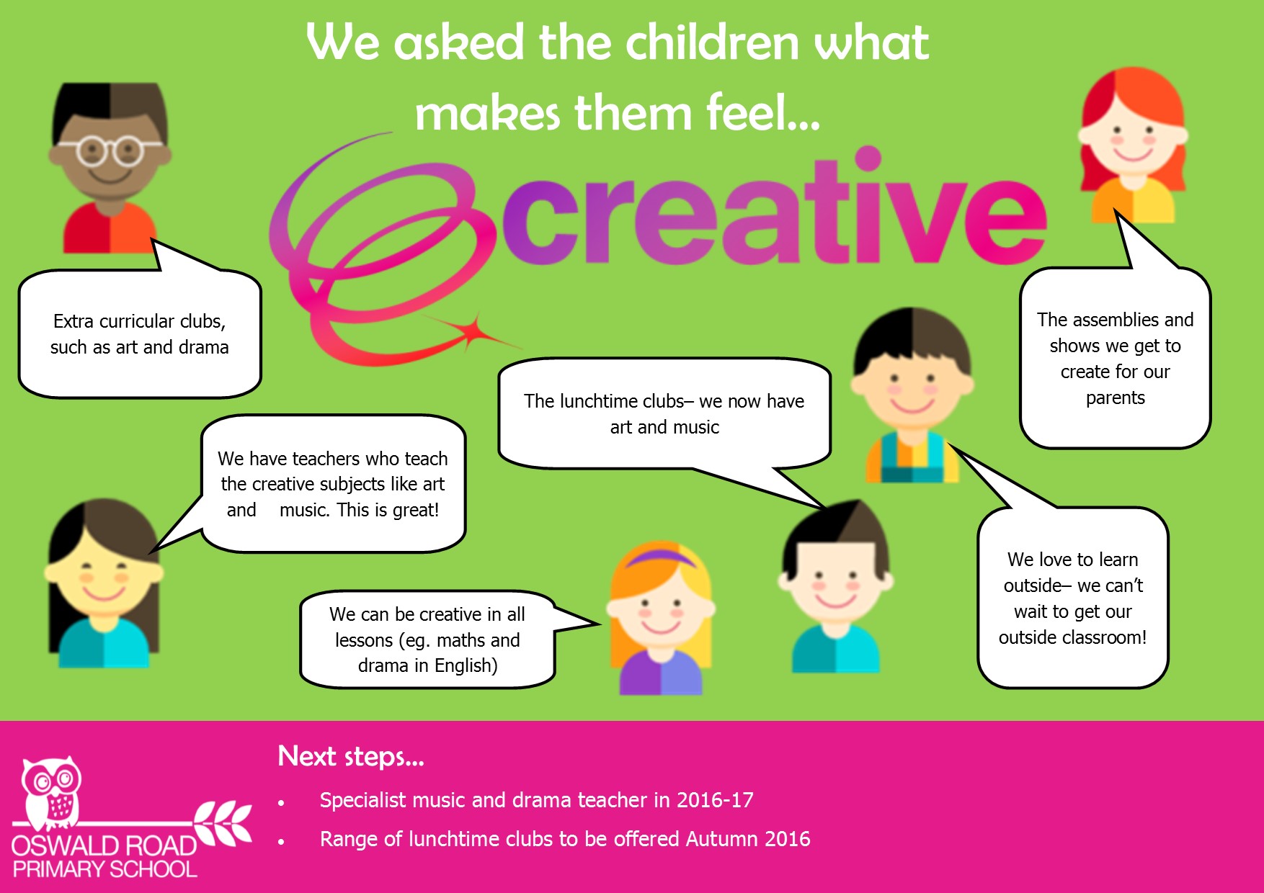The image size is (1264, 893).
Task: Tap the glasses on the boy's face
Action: pyautogui.click(x=110, y=151)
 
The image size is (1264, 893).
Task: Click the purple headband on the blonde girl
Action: pyautogui.click(x=662, y=557)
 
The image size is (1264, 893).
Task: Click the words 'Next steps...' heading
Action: pyautogui.click(x=351, y=756)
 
